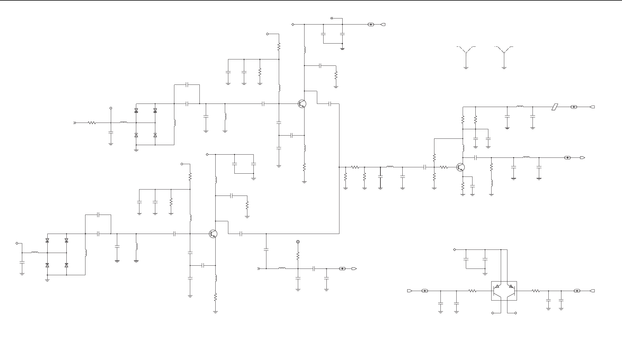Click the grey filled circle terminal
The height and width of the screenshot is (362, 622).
(298, 242)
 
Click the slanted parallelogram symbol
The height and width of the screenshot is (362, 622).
(555, 107)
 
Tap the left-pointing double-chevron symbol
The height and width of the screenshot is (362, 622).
(332, 18)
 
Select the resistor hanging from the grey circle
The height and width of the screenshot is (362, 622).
(298, 256)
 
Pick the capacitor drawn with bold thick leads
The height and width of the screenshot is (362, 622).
(380, 176)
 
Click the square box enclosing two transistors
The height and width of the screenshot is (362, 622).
(504, 291)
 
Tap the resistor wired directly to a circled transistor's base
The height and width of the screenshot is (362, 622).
(444, 167)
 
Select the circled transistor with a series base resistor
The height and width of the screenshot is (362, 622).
(460, 167)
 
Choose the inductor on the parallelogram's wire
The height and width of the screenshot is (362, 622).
(520, 107)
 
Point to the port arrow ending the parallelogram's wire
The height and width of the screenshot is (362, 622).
(592, 107)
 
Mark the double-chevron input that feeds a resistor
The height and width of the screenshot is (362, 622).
(75, 123)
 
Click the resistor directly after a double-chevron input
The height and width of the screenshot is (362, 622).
(92, 123)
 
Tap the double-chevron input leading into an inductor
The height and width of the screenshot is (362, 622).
(259, 269)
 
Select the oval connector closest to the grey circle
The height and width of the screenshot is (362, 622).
(342, 269)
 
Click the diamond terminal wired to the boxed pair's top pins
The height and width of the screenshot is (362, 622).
(455, 250)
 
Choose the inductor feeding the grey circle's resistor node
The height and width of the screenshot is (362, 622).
(282, 269)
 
